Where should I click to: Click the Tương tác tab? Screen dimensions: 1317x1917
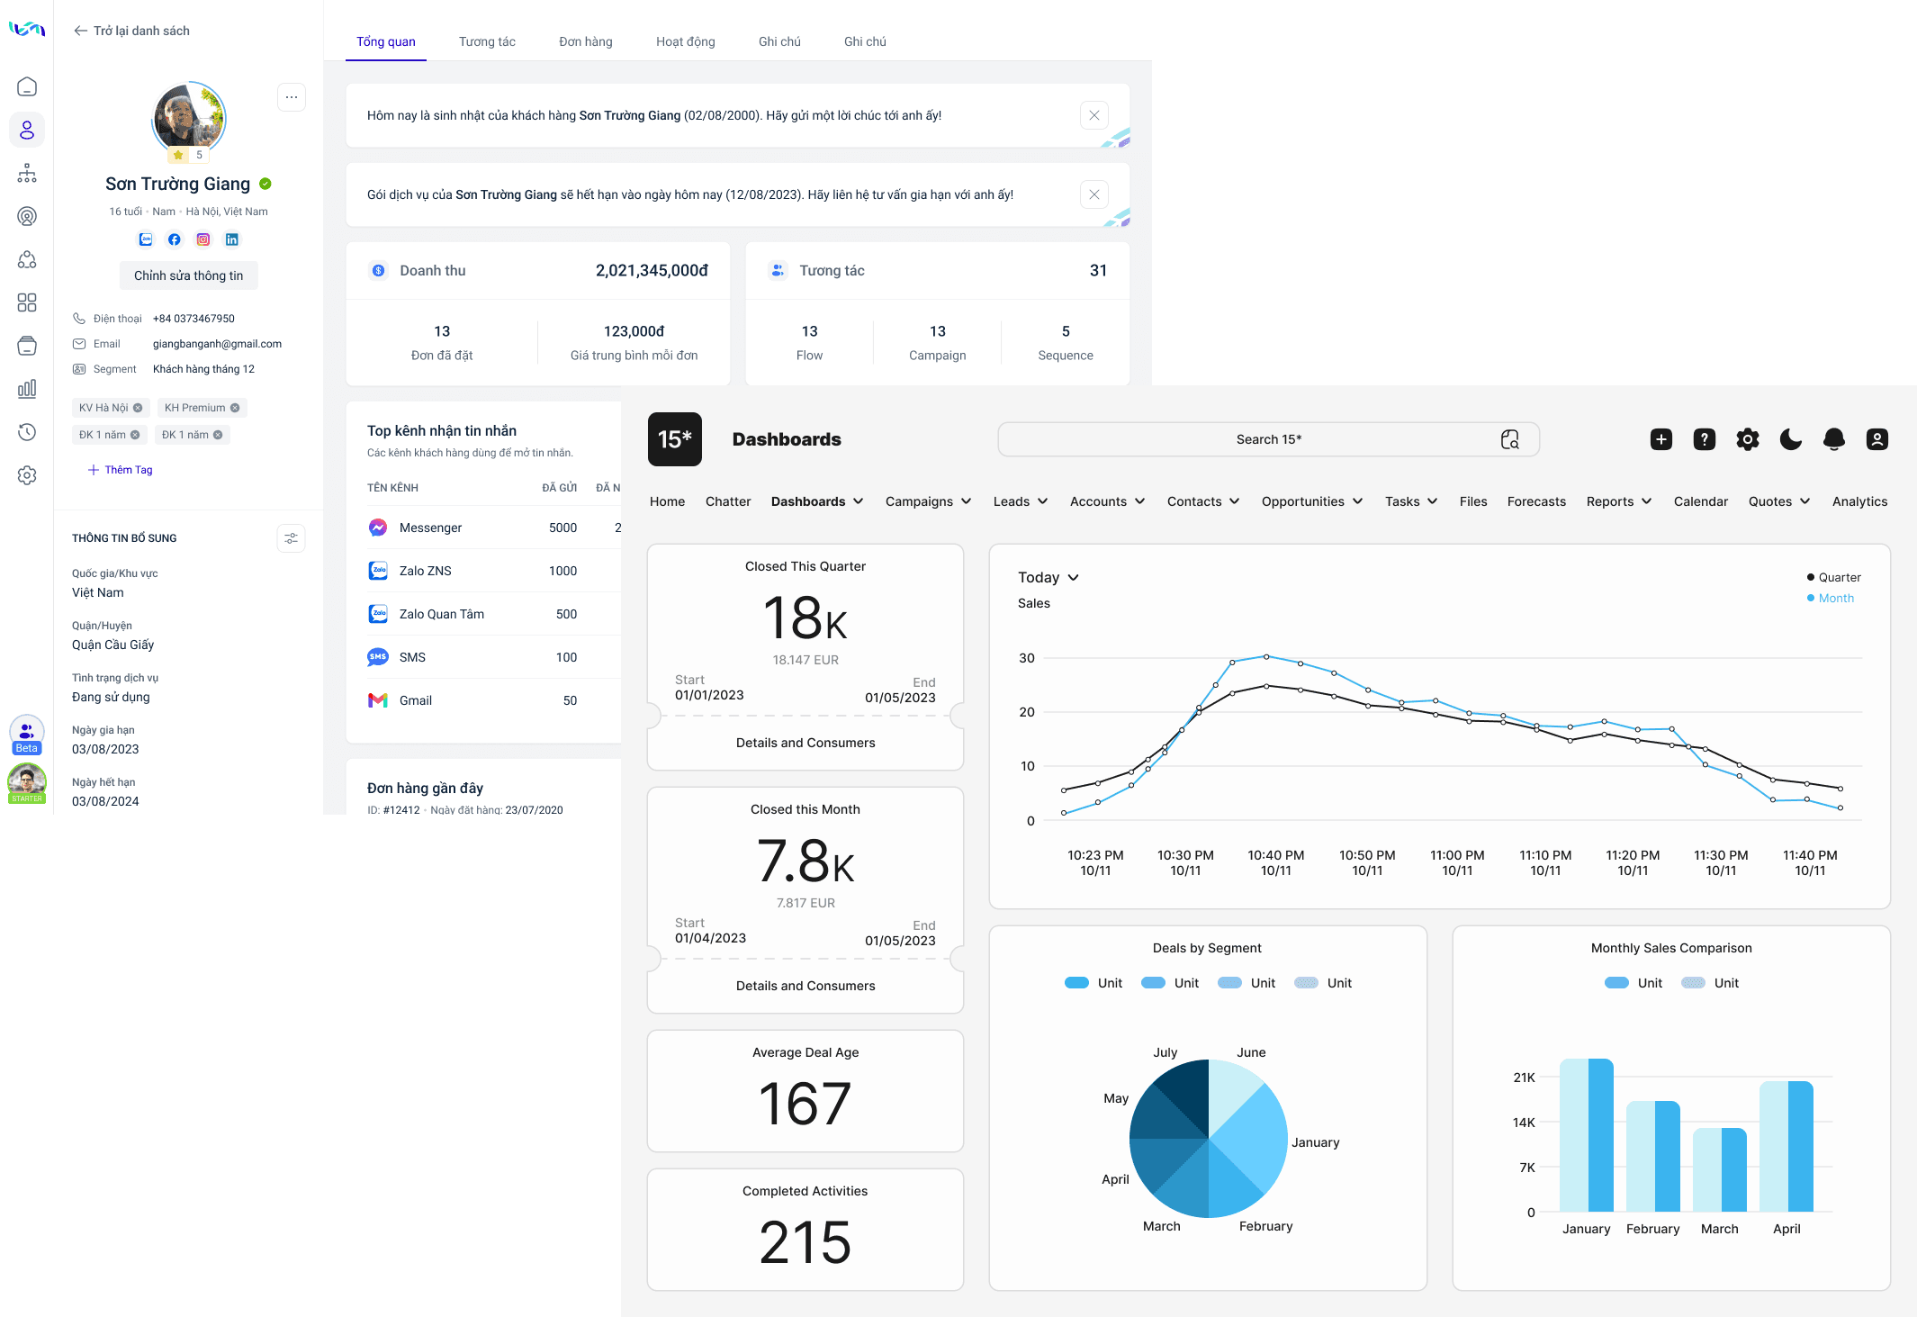pos(487,41)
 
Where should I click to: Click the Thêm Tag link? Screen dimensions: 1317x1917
pos(121,470)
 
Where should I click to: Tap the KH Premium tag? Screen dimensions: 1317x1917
pos(195,408)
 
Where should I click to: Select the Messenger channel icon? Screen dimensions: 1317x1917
pos(378,528)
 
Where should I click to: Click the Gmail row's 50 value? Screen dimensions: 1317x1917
pos(570,700)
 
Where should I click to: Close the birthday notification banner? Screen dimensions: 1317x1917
pos(1093,115)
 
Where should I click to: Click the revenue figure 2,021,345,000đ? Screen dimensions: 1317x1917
pos(652,271)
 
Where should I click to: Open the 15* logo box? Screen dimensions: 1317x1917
pos(675,439)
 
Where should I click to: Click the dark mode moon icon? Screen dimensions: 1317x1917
pos(1791,439)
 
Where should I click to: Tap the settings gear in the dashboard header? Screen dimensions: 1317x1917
pos(1748,439)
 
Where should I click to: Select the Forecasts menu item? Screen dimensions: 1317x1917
pos(1536,501)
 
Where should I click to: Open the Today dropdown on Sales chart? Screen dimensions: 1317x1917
pos(1048,577)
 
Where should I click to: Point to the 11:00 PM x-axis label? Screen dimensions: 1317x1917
pos(1457,862)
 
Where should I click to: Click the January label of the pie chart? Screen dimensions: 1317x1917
pos(1315,1142)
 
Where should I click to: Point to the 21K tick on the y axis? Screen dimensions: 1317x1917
pos(1524,1078)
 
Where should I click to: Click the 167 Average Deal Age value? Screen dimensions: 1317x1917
pos(805,1104)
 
